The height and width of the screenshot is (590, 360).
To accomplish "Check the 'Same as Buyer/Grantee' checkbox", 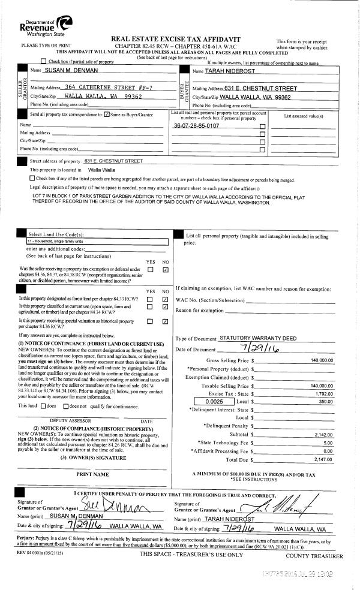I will click(x=107, y=114).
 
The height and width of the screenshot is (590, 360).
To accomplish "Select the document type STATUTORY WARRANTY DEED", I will click(x=258, y=339).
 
